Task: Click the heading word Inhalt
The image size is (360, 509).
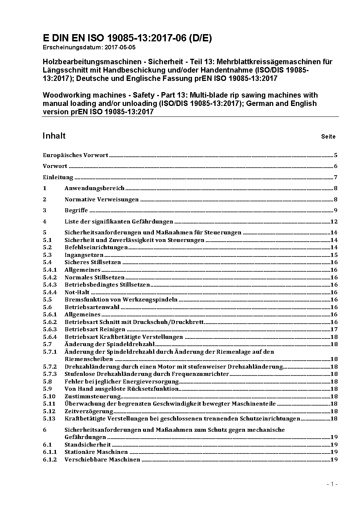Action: (x=54, y=136)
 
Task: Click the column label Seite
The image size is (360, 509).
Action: (x=328, y=137)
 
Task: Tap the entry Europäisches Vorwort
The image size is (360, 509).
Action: (x=75, y=155)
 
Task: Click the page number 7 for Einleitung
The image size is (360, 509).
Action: (x=336, y=177)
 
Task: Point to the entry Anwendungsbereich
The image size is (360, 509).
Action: (x=94, y=188)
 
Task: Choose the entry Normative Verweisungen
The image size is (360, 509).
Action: (x=102, y=200)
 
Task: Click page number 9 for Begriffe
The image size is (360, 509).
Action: (x=336, y=210)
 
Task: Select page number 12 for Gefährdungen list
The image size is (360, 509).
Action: (x=334, y=222)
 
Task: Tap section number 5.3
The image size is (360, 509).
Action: (x=47, y=255)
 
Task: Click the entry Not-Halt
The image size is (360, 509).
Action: (x=77, y=292)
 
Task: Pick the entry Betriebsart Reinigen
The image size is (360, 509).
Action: (x=95, y=329)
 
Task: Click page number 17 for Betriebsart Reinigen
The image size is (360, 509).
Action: (x=334, y=329)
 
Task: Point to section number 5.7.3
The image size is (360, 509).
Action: (x=50, y=374)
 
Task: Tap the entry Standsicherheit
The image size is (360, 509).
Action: (x=87, y=445)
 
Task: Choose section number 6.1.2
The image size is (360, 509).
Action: (x=50, y=460)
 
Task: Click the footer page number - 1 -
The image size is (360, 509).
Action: (x=332, y=484)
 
